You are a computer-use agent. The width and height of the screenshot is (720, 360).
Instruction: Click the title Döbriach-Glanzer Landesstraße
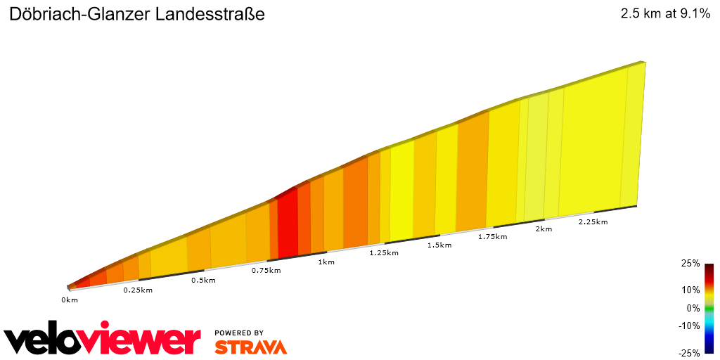click(x=137, y=14)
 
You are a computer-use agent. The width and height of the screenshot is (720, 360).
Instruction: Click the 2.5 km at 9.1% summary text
click(x=665, y=14)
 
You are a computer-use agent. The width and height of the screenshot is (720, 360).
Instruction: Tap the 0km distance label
click(x=70, y=300)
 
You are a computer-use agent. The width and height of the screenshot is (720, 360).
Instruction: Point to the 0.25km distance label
click(x=138, y=290)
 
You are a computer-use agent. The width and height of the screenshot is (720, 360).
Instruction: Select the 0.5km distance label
click(x=203, y=281)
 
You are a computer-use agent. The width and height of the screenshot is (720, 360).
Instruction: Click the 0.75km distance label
click(x=266, y=271)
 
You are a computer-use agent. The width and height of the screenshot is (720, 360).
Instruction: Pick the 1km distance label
click(x=326, y=262)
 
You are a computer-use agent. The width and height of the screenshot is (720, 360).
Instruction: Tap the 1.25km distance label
click(x=384, y=253)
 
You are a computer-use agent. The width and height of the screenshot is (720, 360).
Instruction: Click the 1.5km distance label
click(x=439, y=245)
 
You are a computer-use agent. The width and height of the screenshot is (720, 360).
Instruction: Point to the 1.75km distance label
click(x=492, y=237)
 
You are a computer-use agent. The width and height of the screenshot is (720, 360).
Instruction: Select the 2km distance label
click(x=544, y=229)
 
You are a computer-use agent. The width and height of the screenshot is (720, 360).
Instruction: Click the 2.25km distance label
click(x=593, y=221)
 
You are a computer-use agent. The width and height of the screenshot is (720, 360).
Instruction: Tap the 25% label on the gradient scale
click(x=690, y=264)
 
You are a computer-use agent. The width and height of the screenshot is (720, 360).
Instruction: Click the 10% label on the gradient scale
click(x=690, y=290)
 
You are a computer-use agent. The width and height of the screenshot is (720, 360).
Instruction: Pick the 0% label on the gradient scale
click(x=693, y=308)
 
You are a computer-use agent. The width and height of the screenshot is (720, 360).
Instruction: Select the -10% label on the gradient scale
click(x=689, y=326)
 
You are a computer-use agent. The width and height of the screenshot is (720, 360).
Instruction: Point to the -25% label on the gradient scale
click(x=689, y=353)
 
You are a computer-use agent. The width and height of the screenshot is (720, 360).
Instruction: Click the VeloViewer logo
click(x=103, y=340)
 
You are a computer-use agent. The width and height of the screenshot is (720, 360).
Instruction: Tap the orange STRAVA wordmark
click(x=250, y=347)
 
